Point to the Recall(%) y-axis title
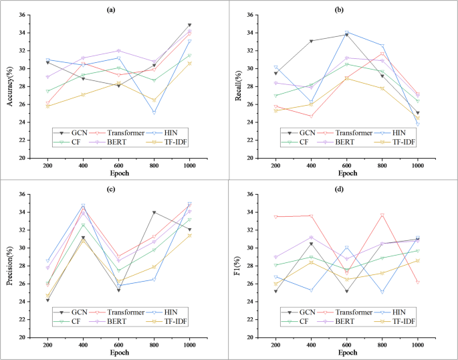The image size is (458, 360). (239, 86)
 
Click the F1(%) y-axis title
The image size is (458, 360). (239, 266)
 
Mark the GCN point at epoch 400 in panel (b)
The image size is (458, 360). (311, 41)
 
